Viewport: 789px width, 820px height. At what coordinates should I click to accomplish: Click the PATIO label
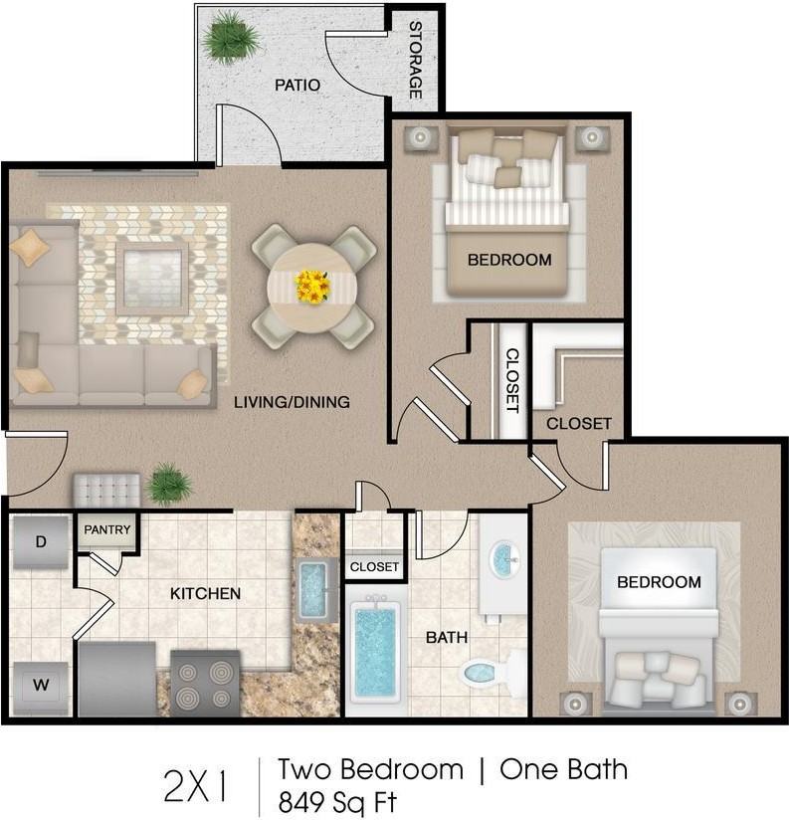coord(297,85)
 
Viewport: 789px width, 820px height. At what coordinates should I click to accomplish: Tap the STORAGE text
coord(415,60)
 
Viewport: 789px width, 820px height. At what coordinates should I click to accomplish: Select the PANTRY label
coord(107,529)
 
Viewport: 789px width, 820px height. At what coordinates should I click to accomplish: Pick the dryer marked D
coord(41,541)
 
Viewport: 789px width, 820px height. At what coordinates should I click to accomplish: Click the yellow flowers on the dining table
coord(312,287)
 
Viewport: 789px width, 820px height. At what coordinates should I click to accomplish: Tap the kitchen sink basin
coord(313,588)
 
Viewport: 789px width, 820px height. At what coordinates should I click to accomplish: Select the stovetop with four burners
coord(206,683)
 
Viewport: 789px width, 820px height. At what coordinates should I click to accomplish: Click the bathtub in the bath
coord(375,652)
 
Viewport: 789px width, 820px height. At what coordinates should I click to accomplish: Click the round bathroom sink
coord(504,558)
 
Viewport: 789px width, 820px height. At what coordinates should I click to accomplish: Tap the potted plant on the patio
coord(231,38)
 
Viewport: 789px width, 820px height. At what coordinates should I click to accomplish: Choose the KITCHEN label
coord(206,593)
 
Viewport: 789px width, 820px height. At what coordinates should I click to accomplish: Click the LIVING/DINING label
coord(292,402)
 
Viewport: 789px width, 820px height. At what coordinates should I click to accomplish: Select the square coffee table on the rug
coord(152,279)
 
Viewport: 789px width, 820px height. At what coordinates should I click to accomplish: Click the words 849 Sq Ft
coord(338,802)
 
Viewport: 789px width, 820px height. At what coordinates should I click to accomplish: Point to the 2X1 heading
coord(196,785)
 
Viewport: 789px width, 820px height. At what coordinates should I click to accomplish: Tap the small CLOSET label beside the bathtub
coord(374,567)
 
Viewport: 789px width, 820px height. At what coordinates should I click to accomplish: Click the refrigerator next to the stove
coord(117,679)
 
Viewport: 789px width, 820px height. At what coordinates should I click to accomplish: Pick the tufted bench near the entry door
coord(106,490)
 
